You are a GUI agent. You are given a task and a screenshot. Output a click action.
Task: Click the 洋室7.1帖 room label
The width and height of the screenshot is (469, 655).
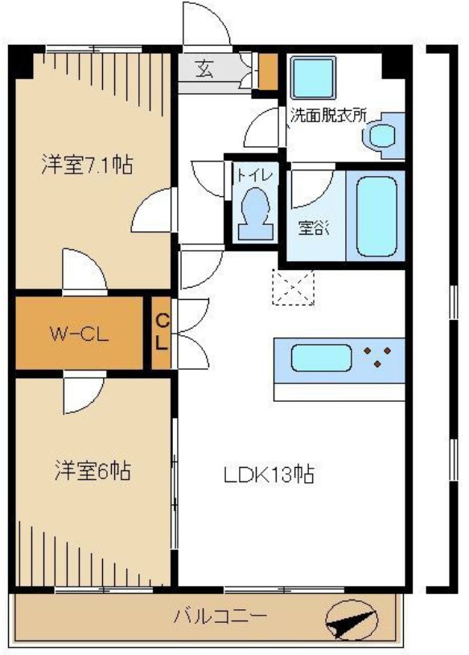(87, 166)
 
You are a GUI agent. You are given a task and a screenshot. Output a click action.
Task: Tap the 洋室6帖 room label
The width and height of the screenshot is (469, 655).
(93, 470)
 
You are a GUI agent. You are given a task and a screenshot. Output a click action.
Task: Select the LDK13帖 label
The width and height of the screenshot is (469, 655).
(268, 474)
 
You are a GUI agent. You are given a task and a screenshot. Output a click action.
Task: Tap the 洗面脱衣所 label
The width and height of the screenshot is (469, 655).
(327, 115)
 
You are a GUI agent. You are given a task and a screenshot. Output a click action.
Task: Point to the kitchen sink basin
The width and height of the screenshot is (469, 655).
(320, 358)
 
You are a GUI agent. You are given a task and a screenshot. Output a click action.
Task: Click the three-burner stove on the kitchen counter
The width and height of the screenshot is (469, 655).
(377, 358)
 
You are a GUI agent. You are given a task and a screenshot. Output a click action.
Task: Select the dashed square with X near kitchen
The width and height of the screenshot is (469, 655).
(294, 287)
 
